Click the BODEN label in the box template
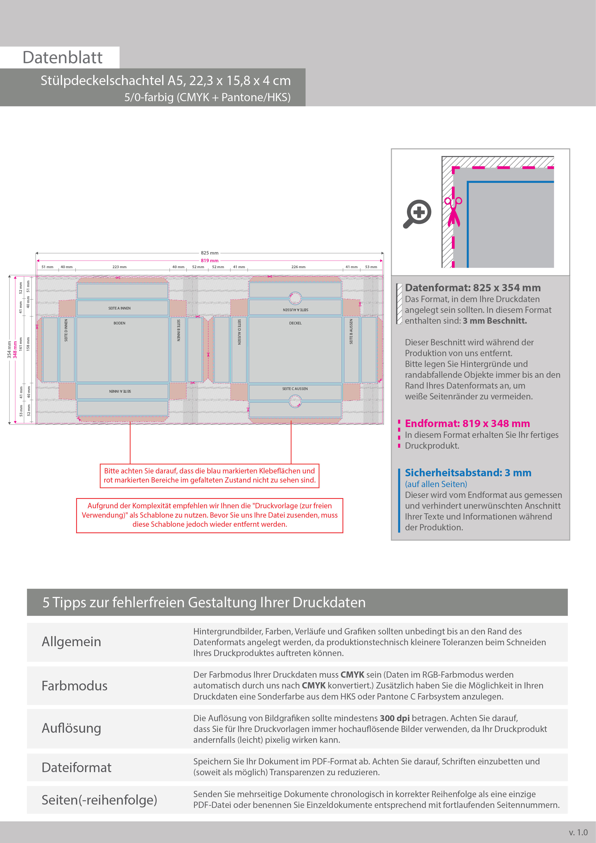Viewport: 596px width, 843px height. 119,323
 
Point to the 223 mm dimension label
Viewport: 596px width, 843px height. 119,267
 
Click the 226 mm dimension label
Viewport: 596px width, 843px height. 298,267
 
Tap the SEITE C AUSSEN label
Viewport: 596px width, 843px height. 295,388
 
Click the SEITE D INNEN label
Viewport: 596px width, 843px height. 66,330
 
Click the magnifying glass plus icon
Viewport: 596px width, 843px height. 418,214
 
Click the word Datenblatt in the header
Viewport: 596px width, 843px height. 62,58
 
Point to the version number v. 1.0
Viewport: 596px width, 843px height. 578,832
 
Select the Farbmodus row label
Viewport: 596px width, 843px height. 74,686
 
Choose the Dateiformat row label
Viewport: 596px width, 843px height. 76,767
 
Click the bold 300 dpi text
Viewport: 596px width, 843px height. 394,718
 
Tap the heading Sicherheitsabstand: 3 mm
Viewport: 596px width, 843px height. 468,472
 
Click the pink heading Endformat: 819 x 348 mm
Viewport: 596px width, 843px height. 467,423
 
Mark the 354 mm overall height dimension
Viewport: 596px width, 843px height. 9,349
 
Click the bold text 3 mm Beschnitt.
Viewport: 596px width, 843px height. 495,321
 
